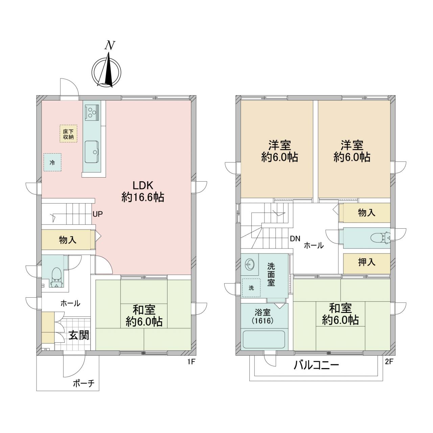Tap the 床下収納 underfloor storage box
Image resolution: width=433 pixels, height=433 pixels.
point(68,134)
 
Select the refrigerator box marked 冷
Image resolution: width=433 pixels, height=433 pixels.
point(52,162)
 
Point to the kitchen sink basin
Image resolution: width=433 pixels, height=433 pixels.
point(92,151)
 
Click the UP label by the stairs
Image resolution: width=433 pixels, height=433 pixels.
point(98,214)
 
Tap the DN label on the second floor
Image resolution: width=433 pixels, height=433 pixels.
point(295,238)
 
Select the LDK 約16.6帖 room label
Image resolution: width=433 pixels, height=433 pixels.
point(143,192)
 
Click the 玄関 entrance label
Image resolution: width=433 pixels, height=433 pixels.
point(78,336)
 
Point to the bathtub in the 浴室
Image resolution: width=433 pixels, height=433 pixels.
point(264,339)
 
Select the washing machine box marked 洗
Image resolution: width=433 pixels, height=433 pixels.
point(251,288)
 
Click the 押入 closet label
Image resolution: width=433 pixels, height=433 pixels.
point(366,262)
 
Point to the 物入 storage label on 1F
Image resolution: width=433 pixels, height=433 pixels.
point(68,240)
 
